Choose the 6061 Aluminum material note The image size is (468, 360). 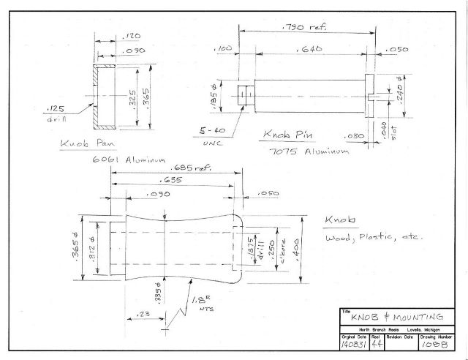129,160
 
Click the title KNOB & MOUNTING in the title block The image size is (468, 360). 398,316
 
